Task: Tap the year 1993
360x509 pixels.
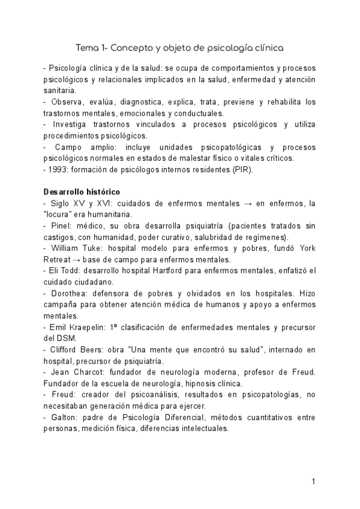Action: pos(59,170)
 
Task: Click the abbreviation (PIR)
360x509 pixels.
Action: pos(242,170)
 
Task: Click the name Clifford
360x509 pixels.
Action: pos(64,350)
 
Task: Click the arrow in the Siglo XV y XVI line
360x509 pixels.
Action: pos(254,204)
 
